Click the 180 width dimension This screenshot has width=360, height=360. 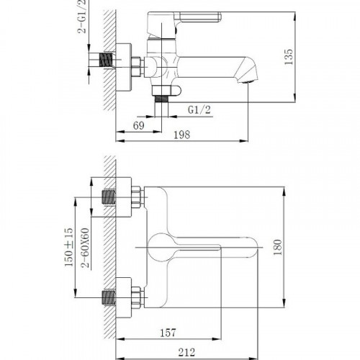point(287,248)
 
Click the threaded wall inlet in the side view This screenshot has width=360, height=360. point(107,60)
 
